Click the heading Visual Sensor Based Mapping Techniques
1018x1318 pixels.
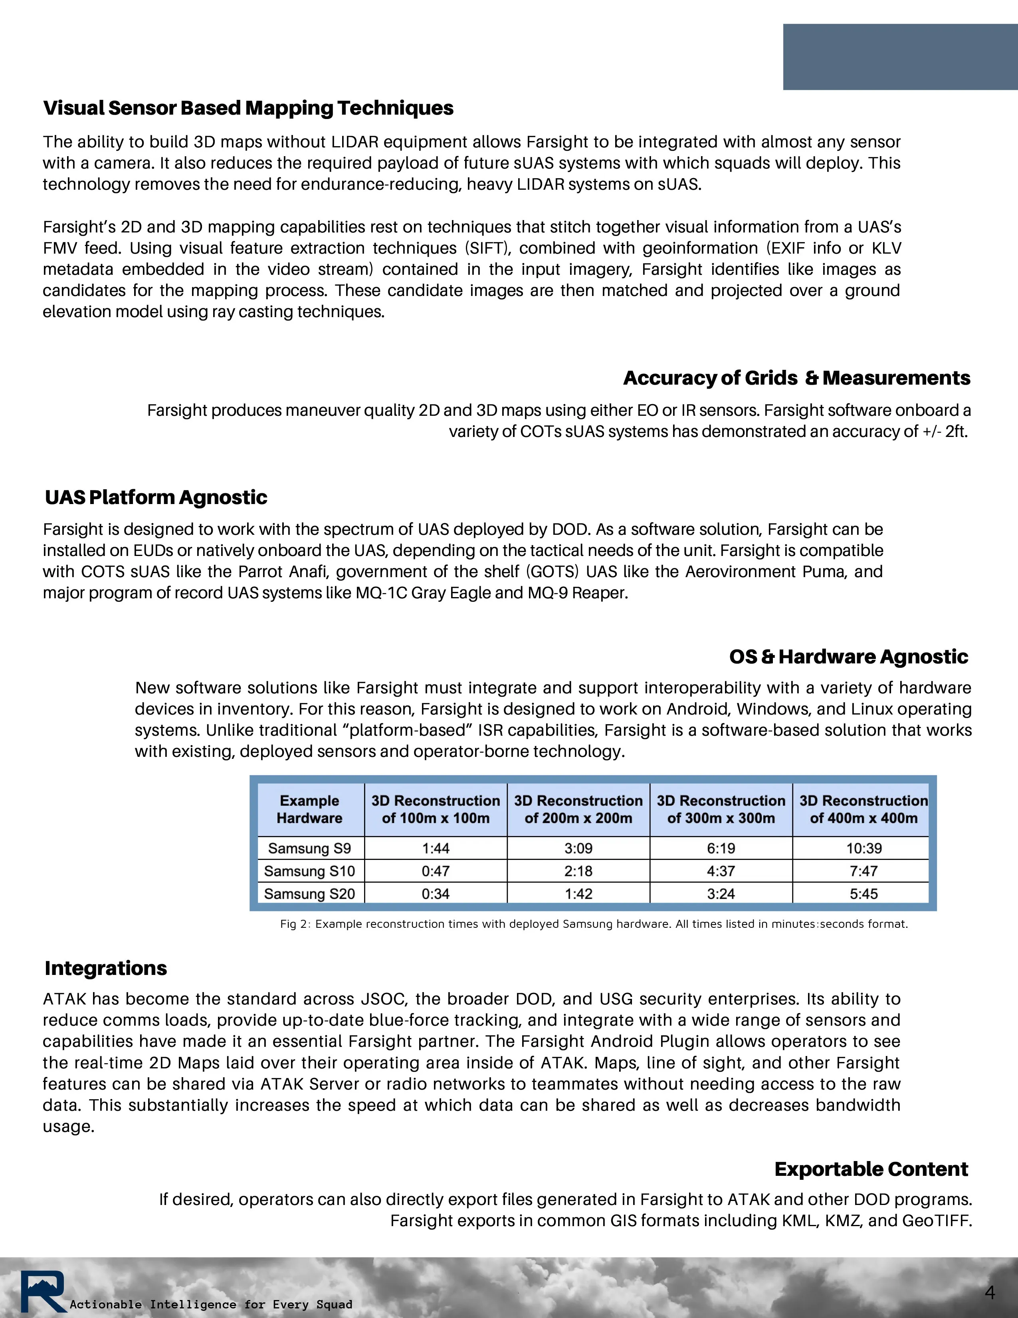pos(248,108)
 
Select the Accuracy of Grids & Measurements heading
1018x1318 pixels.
pos(796,378)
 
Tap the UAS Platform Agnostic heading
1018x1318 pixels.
pos(156,497)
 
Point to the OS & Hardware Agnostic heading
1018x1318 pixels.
pos(848,657)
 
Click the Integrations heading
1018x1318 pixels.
pos(105,968)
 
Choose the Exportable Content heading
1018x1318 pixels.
pos(871,1169)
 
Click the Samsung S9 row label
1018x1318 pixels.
pos(309,848)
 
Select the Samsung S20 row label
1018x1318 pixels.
pos(309,894)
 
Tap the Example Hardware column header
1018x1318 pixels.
pos(309,809)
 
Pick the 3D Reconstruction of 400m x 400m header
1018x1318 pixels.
pos(864,809)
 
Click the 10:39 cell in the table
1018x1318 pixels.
pos(864,848)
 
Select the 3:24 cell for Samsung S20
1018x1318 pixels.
pos(721,894)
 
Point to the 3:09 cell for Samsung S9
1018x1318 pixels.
pos(578,848)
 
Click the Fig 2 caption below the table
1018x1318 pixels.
pos(593,924)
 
